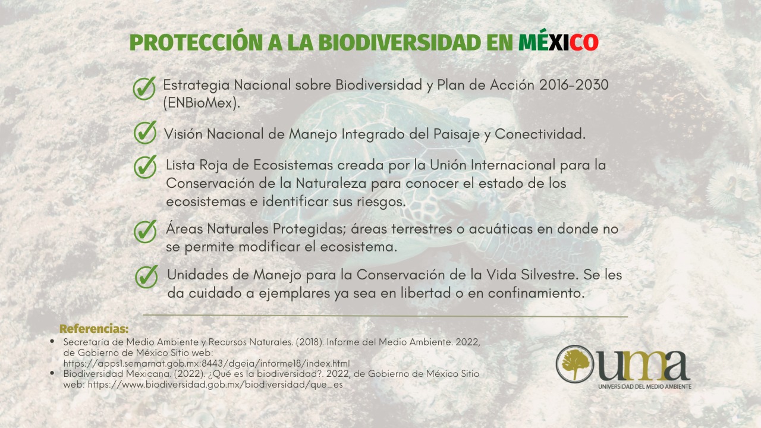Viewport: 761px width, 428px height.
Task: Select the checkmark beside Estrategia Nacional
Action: point(144,88)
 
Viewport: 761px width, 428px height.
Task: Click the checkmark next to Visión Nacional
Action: point(145,132)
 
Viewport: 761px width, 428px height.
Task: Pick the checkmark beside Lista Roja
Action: point(145,167)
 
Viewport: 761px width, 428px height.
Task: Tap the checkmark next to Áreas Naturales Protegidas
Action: point(145,231)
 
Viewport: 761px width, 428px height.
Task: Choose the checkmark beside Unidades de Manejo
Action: point(146,276)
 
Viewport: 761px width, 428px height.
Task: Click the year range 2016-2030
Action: point(574,85)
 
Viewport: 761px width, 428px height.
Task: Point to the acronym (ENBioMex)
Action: point(202,103)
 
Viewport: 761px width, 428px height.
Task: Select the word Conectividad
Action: point(540,134)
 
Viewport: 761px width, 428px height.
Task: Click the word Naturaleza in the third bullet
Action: point(331,184)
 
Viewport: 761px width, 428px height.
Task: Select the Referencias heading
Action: point(94,329)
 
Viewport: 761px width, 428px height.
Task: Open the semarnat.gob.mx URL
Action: point(206,363)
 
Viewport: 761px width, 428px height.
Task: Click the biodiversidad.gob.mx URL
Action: point(215,385)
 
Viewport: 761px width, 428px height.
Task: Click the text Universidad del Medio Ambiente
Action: point(645,386)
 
